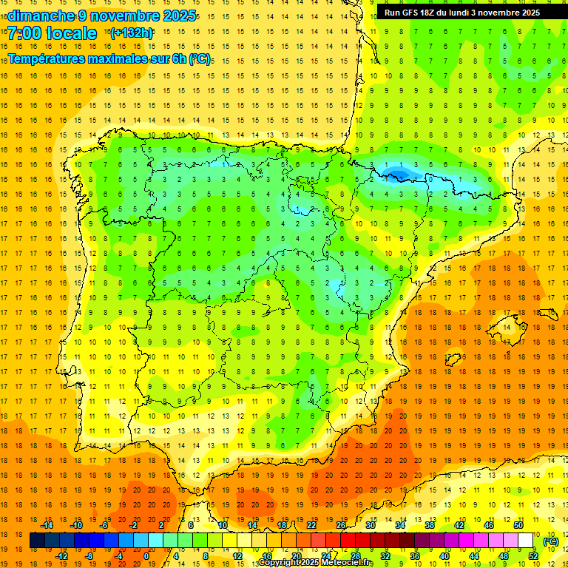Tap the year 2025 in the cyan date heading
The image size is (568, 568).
tap(177, 16)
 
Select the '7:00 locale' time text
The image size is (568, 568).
tap(52, 33)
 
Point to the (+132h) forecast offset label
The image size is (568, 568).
tap(132, 33)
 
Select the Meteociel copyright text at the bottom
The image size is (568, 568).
tap(316, 563)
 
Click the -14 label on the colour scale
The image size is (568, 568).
tap(47, 525)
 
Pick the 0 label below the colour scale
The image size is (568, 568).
tap(146, 556)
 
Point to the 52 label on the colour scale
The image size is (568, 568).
tap(534, 556)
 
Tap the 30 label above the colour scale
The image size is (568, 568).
tap(370, 525)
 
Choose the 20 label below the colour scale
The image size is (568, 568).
tap(296, 556)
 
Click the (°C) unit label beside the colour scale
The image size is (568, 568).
tap(550, 541)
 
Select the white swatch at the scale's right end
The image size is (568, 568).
tap(525, 541)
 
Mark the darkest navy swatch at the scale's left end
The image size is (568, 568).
tap(37, 541)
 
